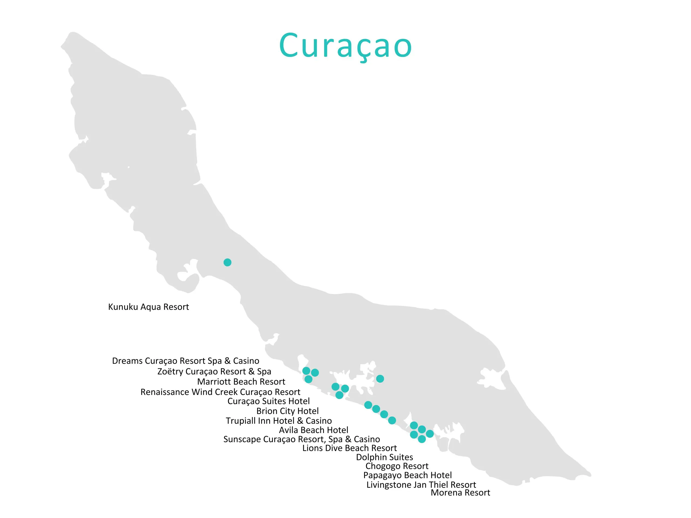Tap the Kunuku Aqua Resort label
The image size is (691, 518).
point(148,307)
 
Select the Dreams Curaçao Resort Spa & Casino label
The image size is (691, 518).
point(185,361)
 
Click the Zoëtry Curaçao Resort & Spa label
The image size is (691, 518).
point(214,372)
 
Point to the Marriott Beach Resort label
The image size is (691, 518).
point(241,381)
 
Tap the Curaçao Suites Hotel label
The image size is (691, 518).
point(268,401)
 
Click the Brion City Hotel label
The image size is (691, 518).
point(287,411)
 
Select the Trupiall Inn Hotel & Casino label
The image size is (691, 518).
point(279,421)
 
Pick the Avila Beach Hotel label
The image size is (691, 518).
point(313,430)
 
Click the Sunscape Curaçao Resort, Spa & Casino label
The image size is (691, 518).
point(302,439)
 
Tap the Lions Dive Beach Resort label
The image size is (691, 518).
point(349,448)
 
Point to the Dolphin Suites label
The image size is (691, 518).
point(384,457)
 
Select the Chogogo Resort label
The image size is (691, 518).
point(397,466)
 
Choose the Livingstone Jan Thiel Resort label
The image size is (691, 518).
point(421,485)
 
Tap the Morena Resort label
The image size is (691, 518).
point(460,493)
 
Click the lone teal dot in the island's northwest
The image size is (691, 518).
point(228,262)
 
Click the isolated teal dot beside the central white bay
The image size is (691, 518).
point(380,379)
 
